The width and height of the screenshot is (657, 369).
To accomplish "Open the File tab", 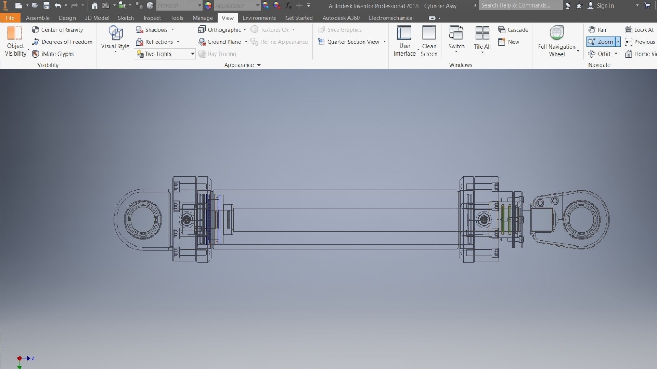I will click(10, 18).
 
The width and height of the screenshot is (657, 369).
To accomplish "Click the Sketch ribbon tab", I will click(126, 18).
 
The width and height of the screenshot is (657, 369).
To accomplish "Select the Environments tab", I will click(259, 18).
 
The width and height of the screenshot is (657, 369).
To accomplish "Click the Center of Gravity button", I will click(57, 30).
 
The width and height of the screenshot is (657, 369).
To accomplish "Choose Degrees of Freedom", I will click(62, 42).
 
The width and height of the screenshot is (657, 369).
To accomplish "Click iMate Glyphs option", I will click(53, 54).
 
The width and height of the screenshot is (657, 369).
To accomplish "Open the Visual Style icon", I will click(115, 33).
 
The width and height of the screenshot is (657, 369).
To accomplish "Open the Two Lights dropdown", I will click(192, 54).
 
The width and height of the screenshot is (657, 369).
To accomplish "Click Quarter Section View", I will click(349, 42).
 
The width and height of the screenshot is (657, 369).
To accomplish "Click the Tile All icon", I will click(482, 33).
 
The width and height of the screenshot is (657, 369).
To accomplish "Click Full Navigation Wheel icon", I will click(557, 33).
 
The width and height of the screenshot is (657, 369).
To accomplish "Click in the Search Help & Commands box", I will click(520, 5).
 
